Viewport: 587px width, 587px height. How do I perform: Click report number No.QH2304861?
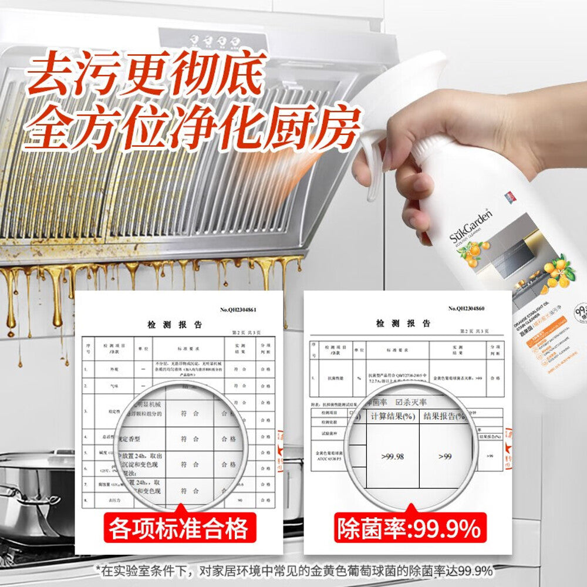[238, 309]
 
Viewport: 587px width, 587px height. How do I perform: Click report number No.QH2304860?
[467, 308]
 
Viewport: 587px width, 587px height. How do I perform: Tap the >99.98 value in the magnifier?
[391, 456]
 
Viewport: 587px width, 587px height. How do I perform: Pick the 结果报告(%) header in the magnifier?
[444, 416]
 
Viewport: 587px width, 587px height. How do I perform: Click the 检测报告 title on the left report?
[174, 324]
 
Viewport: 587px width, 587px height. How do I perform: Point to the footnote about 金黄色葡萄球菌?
[293, 571]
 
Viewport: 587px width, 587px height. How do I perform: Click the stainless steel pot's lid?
[35, 461]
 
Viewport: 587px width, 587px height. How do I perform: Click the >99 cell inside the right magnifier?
[444, 456]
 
